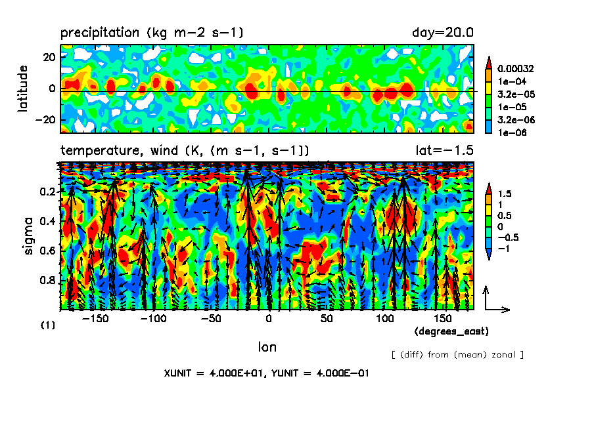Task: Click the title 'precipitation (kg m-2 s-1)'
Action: click(152, 32)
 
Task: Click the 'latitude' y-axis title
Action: click(24, 88)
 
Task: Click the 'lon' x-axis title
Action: click(267, 346)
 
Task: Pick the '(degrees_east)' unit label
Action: click(451, 331)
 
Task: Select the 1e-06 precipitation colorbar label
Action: click(509, 132)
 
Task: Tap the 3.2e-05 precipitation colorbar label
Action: click(513, 94)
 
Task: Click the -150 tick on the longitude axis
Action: click(96, 318)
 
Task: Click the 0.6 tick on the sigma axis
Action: click(47, 251)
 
